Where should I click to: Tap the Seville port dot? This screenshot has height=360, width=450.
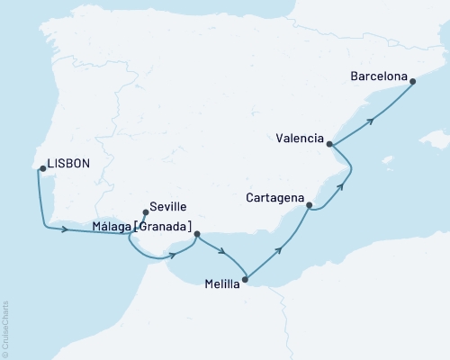coord(146,213)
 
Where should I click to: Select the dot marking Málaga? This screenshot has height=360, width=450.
coord(196,235)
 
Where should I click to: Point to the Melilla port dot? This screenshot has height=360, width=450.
coord(248,281)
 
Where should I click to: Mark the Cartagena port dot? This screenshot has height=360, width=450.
coord(310,206)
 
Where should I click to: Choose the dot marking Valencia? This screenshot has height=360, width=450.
coord(330,144)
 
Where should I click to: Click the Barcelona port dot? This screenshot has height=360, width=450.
coord(413,82)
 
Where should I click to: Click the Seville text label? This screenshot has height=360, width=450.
coord(169,205)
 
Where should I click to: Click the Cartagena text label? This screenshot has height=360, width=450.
coord(274,195)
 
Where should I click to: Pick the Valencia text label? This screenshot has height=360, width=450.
coord(301,137)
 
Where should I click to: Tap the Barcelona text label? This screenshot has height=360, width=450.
coord(378,76)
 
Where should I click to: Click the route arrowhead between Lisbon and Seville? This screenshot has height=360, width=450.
coord(66,230)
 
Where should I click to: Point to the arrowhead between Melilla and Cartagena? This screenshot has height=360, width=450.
coord(280,248)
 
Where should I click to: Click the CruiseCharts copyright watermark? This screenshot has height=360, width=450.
coord(5,328)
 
